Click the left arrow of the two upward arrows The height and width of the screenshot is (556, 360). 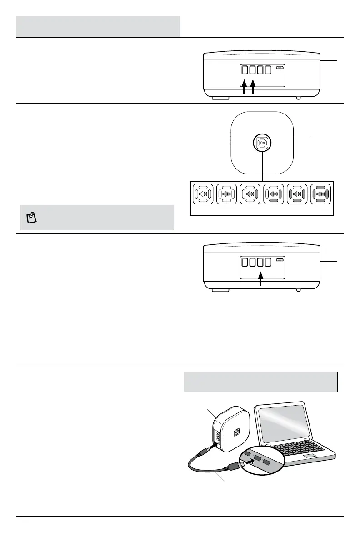tap(244, 87)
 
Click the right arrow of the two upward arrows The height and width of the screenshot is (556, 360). tap(253, 87)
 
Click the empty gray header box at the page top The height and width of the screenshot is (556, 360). tap(98, 27)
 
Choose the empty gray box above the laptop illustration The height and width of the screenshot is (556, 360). tap(260, 382)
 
